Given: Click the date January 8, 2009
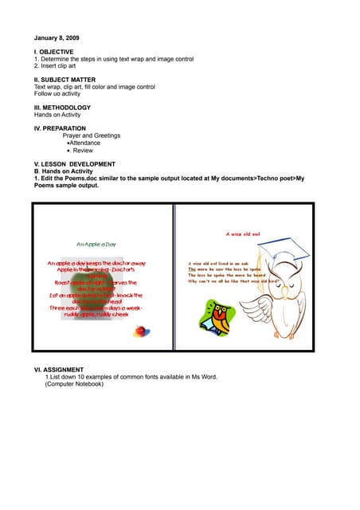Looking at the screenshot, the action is tap(57, 38).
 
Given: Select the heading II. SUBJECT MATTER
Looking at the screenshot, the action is tap(65, 80).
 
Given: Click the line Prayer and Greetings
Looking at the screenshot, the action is tap(92, 135).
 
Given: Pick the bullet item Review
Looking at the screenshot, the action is tap(83, 150).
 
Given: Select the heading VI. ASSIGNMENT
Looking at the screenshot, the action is tap(61, 371).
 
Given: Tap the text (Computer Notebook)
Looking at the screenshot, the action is tap(74, 384).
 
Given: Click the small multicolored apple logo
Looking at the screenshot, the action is tap(142, 331).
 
